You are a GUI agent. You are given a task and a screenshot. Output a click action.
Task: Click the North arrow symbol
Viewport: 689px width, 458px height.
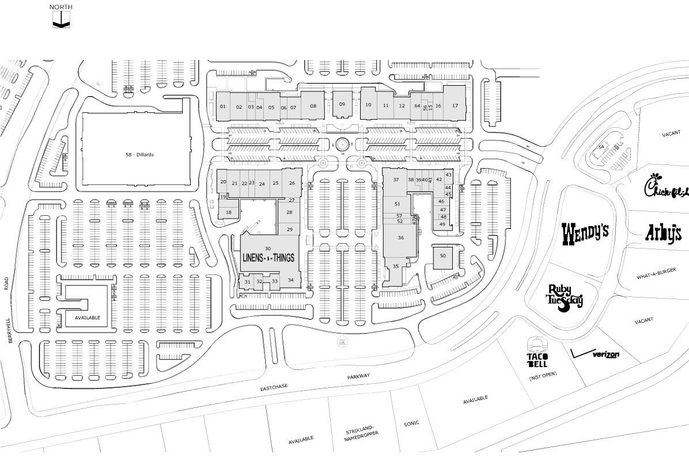[x=61, y=22]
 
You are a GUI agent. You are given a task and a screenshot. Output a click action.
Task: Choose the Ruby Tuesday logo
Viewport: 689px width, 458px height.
[x=565, y=297]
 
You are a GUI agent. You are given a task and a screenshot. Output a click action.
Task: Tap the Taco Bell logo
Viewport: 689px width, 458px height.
[x=540, y=353]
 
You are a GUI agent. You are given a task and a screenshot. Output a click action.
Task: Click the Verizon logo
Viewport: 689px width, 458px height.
[x=596, y=353]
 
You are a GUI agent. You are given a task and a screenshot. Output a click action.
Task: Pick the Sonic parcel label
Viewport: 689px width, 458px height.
[x=411, y=424]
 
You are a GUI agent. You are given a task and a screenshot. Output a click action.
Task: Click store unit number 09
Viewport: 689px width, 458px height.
[x=342, y=104]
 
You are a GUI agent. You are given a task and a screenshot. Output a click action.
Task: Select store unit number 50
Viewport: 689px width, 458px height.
[x=442, y=255]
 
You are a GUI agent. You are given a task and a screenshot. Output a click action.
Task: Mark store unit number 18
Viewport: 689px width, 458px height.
[x=229, y=212]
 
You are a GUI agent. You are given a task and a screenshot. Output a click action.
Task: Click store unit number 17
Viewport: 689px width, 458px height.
[x=455, y=105]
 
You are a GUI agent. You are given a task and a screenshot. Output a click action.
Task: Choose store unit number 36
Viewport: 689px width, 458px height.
[x=400, y=238]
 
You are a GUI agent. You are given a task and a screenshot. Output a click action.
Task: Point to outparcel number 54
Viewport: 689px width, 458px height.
[x=601, y=147]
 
